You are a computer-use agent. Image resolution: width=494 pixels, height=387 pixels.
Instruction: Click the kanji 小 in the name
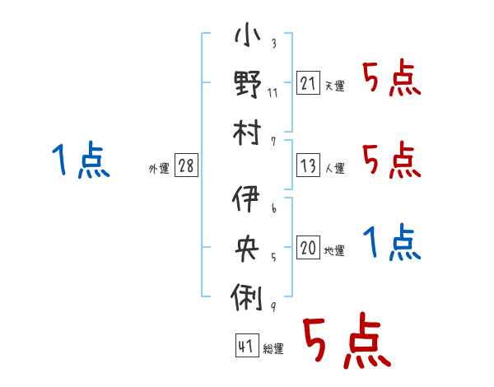click(x=248, y=35)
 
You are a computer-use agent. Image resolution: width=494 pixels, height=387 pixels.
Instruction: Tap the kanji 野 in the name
click(x=248, y=84)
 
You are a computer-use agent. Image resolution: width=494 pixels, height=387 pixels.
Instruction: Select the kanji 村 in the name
click(x=247, y=133)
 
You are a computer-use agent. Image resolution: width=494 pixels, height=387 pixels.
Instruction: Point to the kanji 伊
click(x=246, y=198)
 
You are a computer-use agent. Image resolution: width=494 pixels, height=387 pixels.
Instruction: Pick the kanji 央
click(x=247, y=248)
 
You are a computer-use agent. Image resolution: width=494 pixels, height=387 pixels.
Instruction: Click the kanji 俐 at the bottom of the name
click(x=247, y=297)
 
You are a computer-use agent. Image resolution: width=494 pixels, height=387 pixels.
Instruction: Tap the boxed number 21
click(x=308, y=82)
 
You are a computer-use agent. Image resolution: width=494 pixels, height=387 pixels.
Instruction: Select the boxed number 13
click(x=308, y=165)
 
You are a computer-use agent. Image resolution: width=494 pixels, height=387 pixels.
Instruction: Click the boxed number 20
click(x=308, y=247)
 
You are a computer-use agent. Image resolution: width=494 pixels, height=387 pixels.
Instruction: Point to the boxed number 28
click(x=186, y=165)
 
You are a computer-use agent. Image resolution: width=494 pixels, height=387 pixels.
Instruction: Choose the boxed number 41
click(x=247, y=345)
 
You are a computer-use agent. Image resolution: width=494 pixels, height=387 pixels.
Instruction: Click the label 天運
click(x=335, y=86)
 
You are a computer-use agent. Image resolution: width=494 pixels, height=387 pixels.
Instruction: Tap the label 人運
click(x=335, y=168)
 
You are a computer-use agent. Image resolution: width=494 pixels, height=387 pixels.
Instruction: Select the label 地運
click(x=334, y=251)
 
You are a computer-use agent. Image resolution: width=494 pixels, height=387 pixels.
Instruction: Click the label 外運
click(x=159, y=169)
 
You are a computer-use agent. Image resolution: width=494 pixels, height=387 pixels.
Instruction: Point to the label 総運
click(x=273, y=348)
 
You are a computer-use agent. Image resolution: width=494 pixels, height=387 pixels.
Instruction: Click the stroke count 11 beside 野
click(x=273, y=93)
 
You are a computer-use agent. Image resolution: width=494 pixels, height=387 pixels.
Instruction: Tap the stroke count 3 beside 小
click(x=274, y=43)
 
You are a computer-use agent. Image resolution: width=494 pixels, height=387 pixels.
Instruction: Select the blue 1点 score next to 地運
click(x=392, y=242)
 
